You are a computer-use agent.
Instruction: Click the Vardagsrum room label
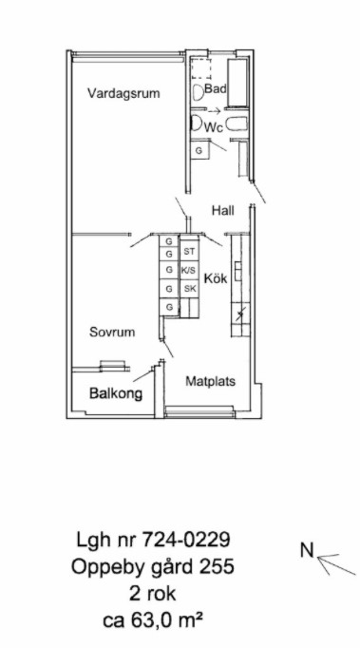click(x=123, y=93)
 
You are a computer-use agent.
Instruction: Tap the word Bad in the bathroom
click(x=216, y=88)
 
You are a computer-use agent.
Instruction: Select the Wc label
click(x=214, y=127)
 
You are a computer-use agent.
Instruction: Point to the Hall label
click(x=223, y=211)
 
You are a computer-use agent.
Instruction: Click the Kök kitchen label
click(x=216, y=278)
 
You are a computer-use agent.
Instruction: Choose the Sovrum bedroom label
click(x=112, y=332)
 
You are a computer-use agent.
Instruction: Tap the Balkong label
click(x=116, y=394)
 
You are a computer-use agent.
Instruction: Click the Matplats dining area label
click(x=210, y=381)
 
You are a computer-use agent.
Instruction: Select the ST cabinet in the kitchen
click(x=189, y=251)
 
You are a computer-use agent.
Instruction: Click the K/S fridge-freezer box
click(x=189, y=270)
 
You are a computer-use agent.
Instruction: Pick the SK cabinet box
click(x=189, y=289)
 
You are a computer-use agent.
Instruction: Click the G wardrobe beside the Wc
click(x=199, y=150)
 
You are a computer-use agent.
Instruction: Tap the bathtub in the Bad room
click(x=237, y=84)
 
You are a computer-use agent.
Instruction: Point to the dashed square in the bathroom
click(x=200, y=69)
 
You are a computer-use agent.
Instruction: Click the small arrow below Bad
click(x=215, y=111)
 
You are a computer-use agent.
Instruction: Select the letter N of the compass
click(x=307, y=550)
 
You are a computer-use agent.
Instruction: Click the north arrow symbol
click(x=335, y=564)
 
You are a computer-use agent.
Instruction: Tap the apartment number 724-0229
click(x=186, y=540)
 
